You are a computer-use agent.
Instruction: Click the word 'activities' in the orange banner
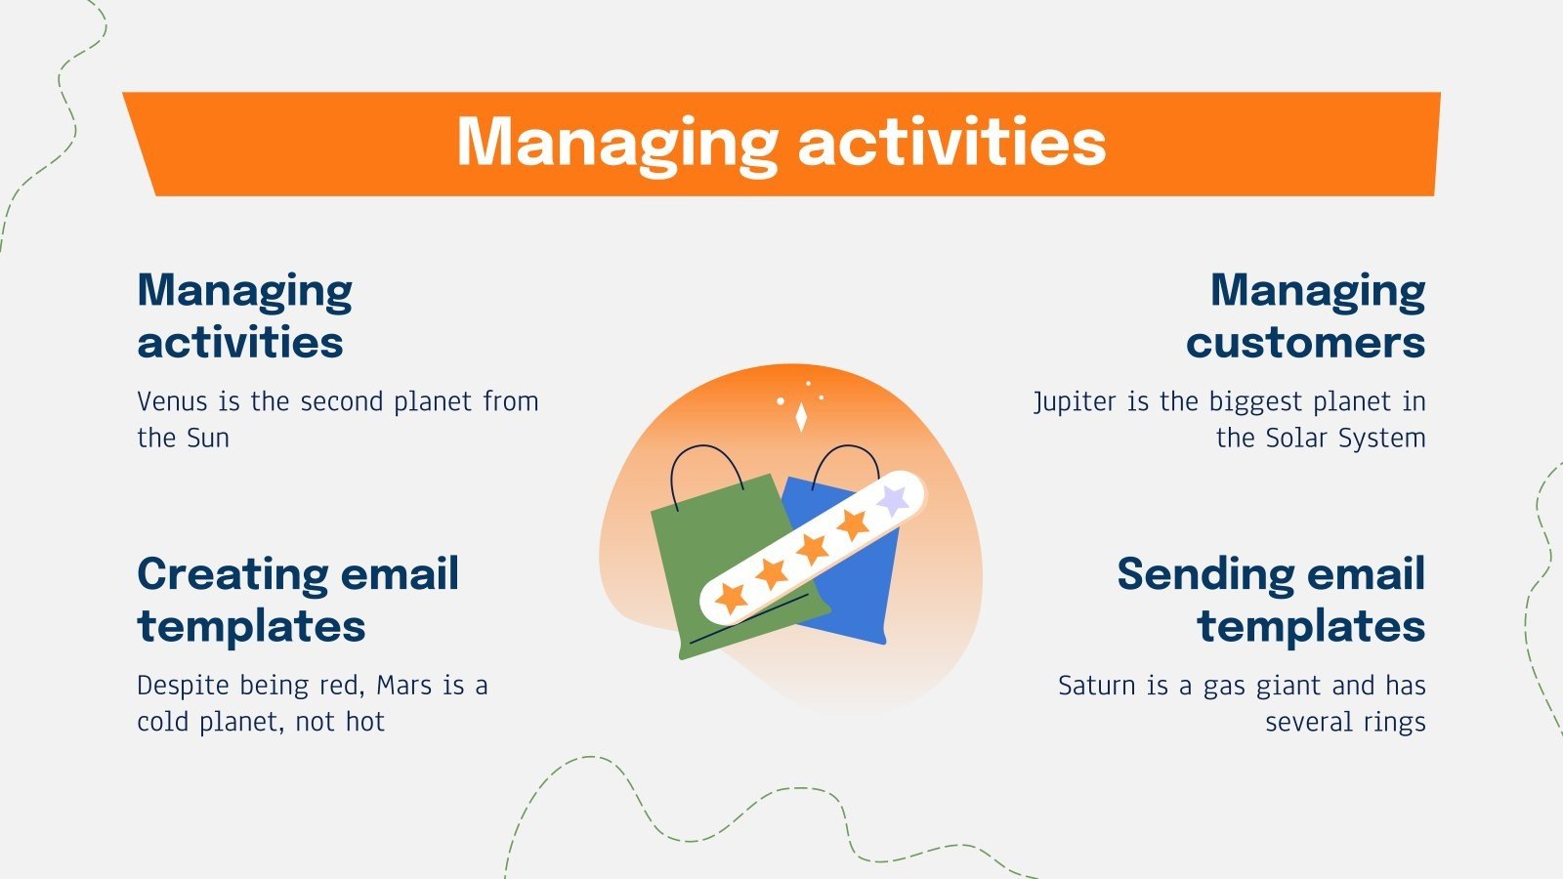click(952, 142)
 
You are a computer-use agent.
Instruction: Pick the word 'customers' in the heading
click(1305, 343)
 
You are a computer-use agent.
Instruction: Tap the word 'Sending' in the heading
click(1206, 575)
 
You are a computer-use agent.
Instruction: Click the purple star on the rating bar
click(893, 499)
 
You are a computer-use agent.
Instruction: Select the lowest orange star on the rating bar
click(731, 598)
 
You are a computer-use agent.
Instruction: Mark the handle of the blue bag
click(845, 447)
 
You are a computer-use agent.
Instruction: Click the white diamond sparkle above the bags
click(801, 417)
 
